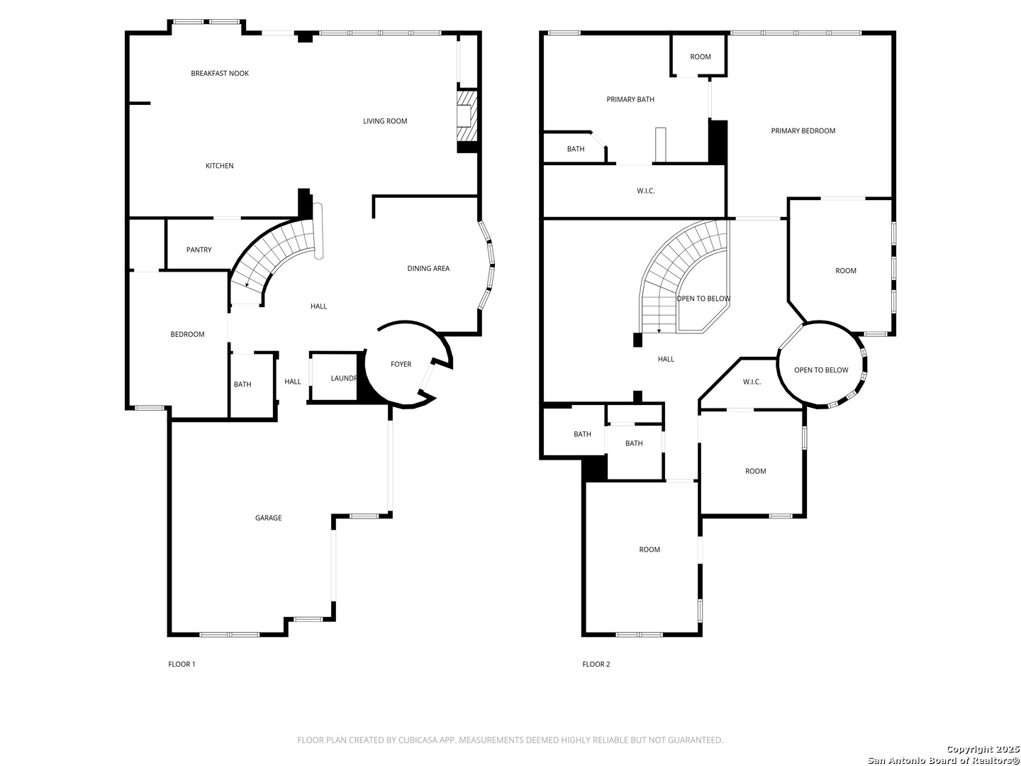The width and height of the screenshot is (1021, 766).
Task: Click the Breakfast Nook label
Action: tap(220, 74)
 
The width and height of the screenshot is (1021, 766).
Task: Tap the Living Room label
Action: tap(385, 121)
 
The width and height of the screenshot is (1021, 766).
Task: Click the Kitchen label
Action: tap(220, 166)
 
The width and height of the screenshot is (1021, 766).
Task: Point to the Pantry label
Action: tap(199, 250)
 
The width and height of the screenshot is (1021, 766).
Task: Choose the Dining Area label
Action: tap(428, 268)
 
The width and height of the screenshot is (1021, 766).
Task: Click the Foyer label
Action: tap(401, 365)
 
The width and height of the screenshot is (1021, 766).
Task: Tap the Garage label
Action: tap(268, 518)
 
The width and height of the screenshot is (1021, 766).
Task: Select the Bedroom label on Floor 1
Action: tap(187, 334)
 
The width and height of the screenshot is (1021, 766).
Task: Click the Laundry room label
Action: tap(344, 379)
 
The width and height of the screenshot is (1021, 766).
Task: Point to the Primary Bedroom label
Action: tap(803, 131)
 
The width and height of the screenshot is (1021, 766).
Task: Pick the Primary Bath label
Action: tap(630, 99)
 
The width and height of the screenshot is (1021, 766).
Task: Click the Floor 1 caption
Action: tap(182, 664)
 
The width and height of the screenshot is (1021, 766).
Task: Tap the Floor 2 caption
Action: tap(596, 664)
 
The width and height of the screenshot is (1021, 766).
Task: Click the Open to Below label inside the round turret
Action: tap(821, 370)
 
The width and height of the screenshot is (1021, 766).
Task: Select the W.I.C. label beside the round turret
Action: tap(752, 382)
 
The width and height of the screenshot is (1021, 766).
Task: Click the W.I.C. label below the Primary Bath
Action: tap(646, 191)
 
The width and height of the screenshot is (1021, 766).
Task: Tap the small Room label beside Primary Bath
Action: tap(700, 57)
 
